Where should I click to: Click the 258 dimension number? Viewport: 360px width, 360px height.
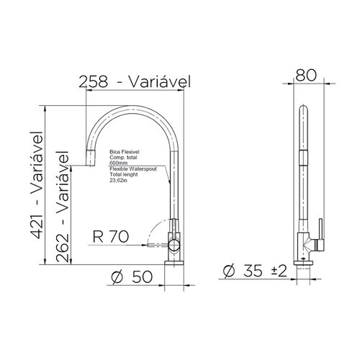click(94, 81)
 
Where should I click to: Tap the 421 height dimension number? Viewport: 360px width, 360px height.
click(37, 227)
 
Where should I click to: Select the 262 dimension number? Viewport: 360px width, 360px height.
click(63, 248)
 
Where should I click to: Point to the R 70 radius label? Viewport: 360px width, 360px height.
click(111, 236)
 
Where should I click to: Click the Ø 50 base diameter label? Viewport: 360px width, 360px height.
click(132, 276)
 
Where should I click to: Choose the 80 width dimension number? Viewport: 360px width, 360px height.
click(306, 75)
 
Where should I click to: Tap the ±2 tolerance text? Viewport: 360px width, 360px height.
click(279, 271)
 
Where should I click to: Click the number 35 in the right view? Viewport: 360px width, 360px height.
click(253, 271)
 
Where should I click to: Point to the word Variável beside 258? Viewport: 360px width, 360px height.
click(160, 81)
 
